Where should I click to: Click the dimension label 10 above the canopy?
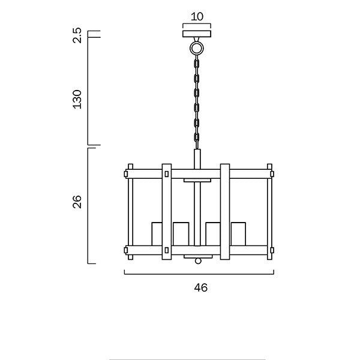click(197, 17)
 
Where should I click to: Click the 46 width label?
click(201, 287)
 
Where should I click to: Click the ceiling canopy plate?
click(197, 34)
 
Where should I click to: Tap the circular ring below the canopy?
click(197, 49)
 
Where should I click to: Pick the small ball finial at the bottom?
click(198, 261)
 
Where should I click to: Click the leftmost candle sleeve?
click(157, 234)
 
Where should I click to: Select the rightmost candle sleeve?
click(238, 234)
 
